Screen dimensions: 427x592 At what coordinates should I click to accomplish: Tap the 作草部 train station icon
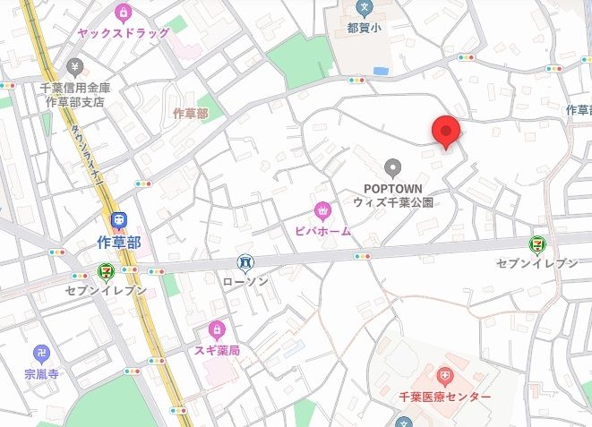(x=117, y=220)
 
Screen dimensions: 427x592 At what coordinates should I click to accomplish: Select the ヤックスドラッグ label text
(x=123, y=32)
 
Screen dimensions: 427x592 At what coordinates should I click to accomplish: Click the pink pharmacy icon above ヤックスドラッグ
(x=124, y=13)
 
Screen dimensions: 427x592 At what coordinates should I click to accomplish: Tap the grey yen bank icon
(x=74, y=66)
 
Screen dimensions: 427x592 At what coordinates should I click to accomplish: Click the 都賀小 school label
(x=363, y=28)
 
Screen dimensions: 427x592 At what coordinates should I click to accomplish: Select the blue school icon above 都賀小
(x=363, y=8)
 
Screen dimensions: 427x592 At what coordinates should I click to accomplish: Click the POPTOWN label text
(x=391, y=188)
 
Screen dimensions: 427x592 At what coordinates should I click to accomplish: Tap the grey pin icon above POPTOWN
(x=391, y=167)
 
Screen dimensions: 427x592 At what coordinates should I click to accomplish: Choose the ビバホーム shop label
(x=322, y=231)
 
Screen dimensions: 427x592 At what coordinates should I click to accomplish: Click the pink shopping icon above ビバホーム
(x=322, y=211)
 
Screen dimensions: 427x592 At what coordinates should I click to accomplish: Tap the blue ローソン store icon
(x=245, y=261)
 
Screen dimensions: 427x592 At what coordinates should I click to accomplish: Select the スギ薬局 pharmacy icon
(x=216, y=330)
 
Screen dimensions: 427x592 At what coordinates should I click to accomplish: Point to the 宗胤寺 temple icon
(x=40, y=353)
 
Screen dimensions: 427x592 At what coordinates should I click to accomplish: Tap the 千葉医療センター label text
(x=445, y=397)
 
